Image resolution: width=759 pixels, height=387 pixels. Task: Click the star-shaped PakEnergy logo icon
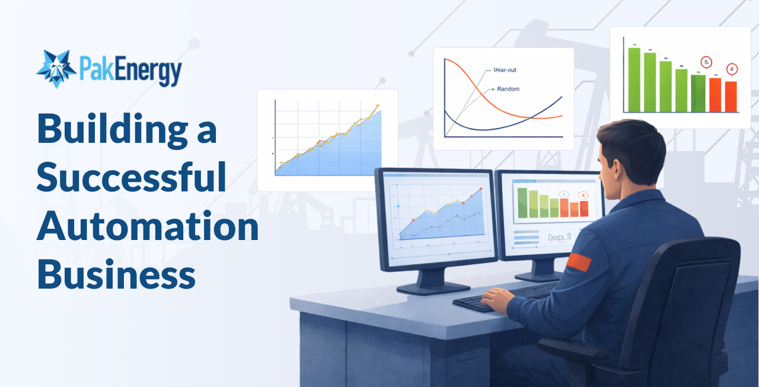pyautogui.click(x=56, y=69)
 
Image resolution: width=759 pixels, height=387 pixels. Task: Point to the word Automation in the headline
pyautogui.click(x=148, y=226)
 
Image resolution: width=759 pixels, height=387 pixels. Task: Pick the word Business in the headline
pyautogui.click(x=116, y=274)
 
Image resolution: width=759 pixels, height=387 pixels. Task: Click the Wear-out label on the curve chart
pyautogui.click(x=505, y=70)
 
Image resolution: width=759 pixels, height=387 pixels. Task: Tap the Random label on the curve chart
pyautogui.click(x=508, y=89)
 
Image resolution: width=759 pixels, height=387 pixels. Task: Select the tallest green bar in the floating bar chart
pyautogui.click(x=634, y=80)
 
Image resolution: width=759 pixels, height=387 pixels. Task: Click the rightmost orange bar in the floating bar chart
pyautogui.click(x=731, y=97)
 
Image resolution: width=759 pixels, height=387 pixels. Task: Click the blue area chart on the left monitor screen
pyautogui.click(x=439, y=222)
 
